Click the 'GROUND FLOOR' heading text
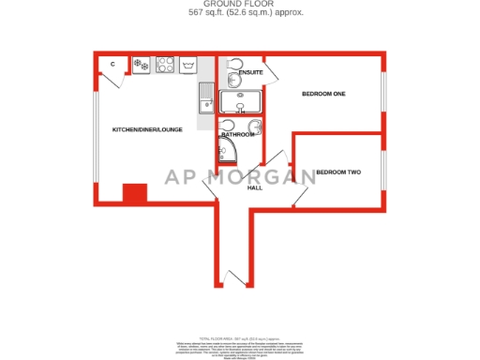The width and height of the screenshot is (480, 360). pos(240,5)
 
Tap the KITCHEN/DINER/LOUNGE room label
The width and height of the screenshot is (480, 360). pos(147,129)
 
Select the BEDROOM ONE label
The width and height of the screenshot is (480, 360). pos(323,94)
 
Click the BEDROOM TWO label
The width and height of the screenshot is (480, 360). pos(337,172)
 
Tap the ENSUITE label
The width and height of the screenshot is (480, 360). pos(250,72)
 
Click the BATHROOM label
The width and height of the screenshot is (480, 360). pos(238,135)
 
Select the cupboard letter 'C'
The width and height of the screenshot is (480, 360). pos(112,64)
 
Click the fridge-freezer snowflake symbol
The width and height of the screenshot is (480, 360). pos(141,65)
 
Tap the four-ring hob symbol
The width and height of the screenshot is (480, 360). pos(166,65)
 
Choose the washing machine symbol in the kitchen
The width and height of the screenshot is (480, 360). pos(190,65)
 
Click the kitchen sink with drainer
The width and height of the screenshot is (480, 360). pos(204,97)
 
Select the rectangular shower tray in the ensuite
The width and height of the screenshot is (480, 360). pos(242,101)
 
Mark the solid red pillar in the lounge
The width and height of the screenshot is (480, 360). pos(135,193)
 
